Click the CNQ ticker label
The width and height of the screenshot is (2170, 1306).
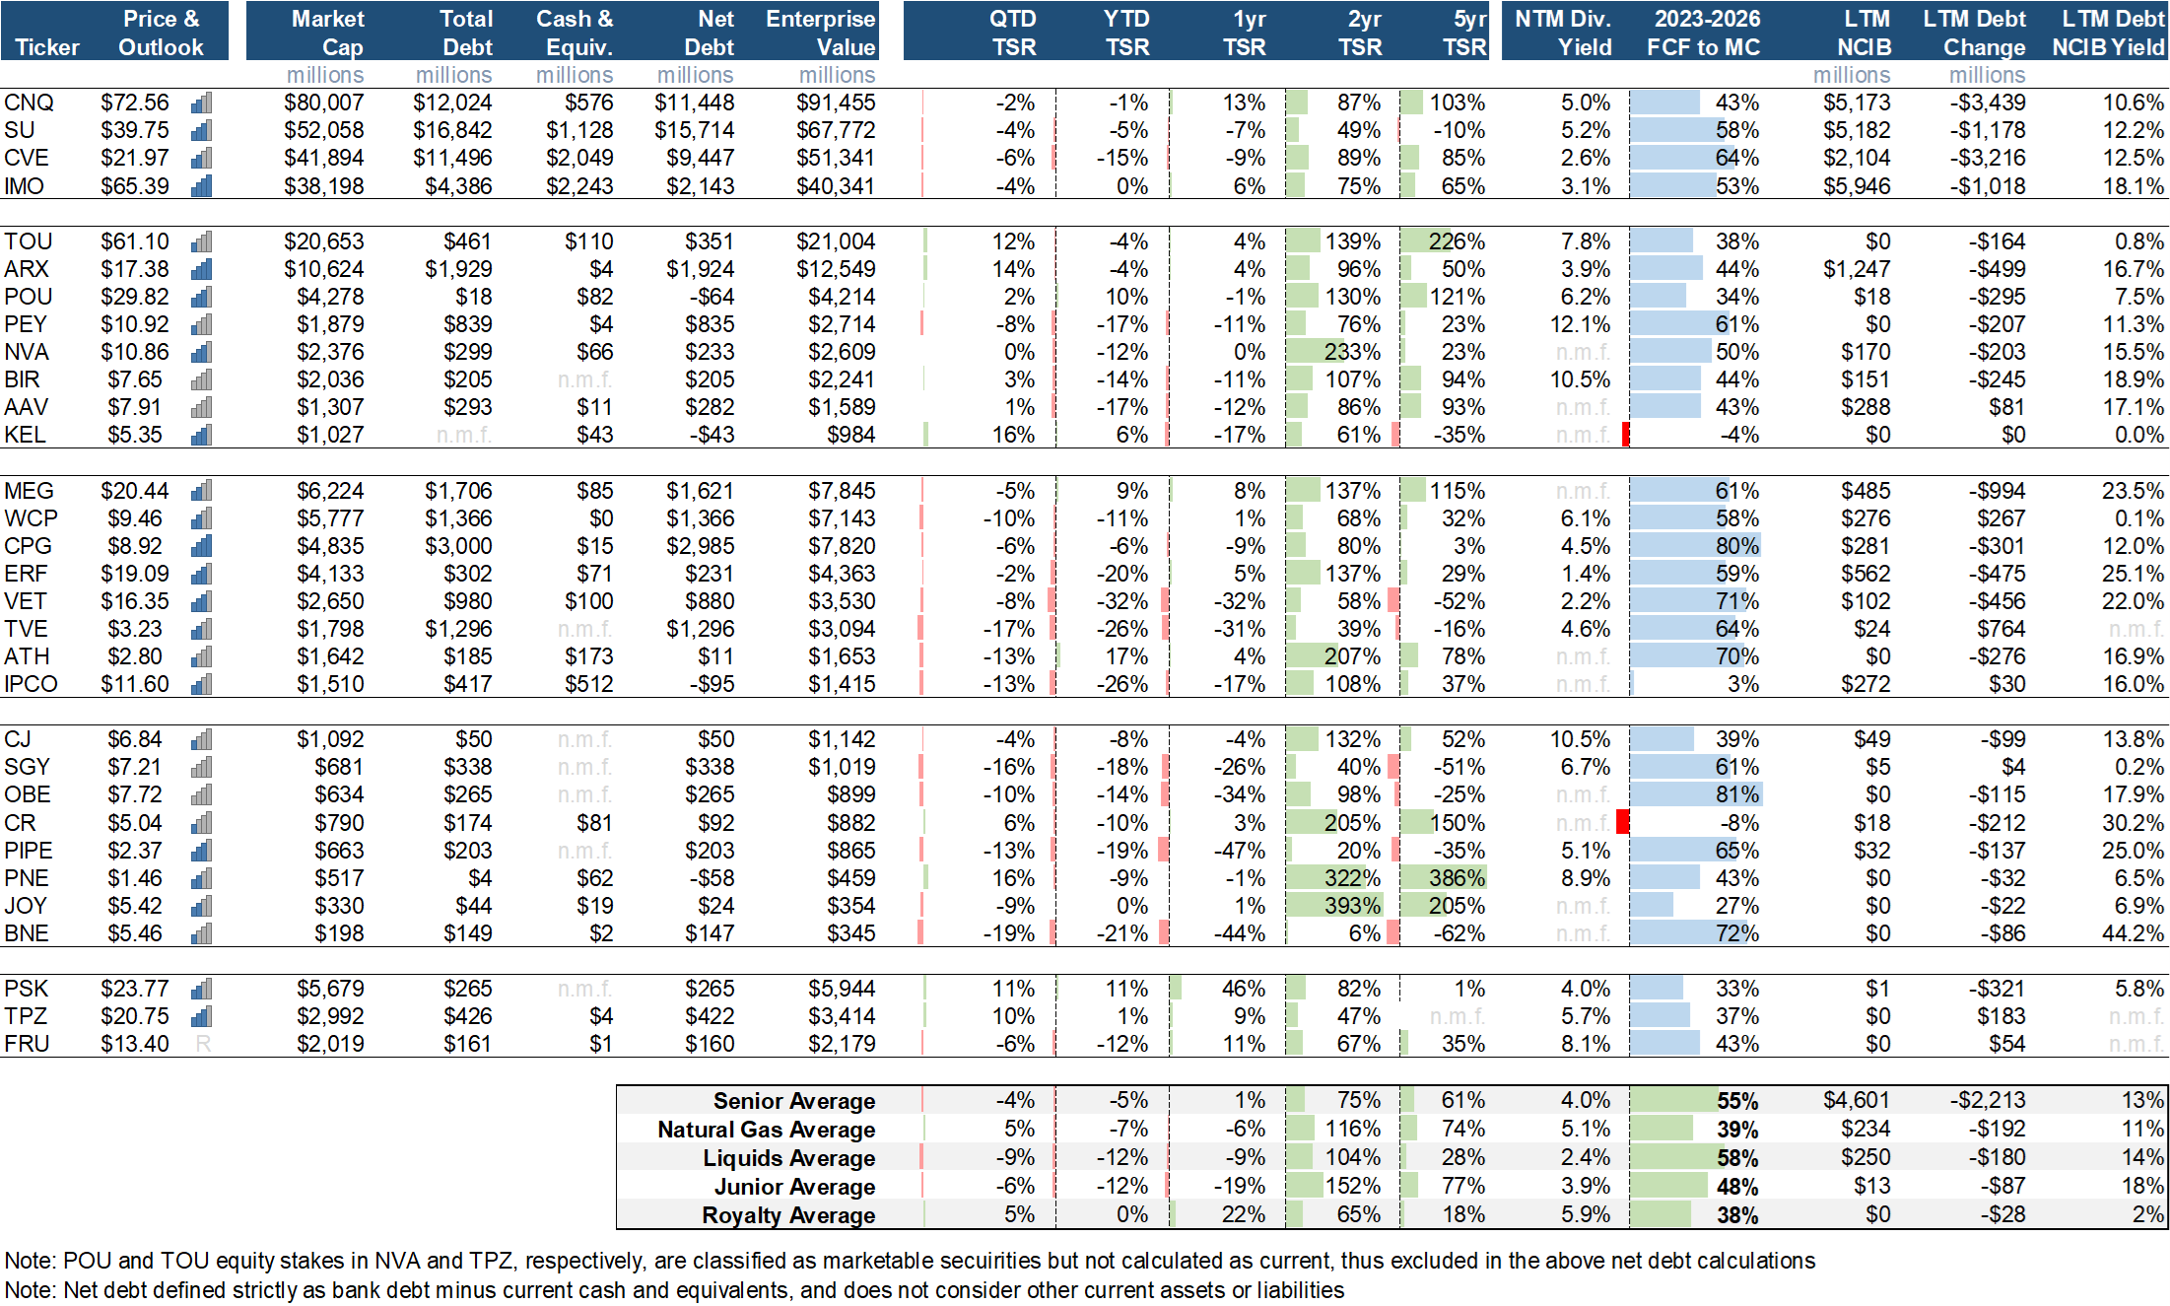point(29,103)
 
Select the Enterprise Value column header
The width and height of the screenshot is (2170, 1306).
point(820,33)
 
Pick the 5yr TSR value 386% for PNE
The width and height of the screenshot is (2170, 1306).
point(1456,878)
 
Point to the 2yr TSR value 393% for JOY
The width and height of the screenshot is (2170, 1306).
point(1351,906)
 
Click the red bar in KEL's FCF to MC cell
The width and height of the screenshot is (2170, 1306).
point(1625,435)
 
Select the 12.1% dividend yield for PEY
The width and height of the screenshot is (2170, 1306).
point(1580,324)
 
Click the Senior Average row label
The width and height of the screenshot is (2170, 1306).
point(793,1101)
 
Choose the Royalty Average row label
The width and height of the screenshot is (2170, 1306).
point(787,1215)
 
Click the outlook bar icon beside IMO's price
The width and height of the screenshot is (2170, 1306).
point(202,186)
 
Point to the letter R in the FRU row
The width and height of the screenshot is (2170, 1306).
point(203,1044)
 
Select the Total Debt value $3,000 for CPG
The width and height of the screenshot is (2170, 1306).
point(458,546)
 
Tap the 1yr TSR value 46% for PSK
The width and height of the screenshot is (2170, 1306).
point(1243,989)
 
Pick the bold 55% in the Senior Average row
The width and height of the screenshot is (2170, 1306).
point(1736,1101)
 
